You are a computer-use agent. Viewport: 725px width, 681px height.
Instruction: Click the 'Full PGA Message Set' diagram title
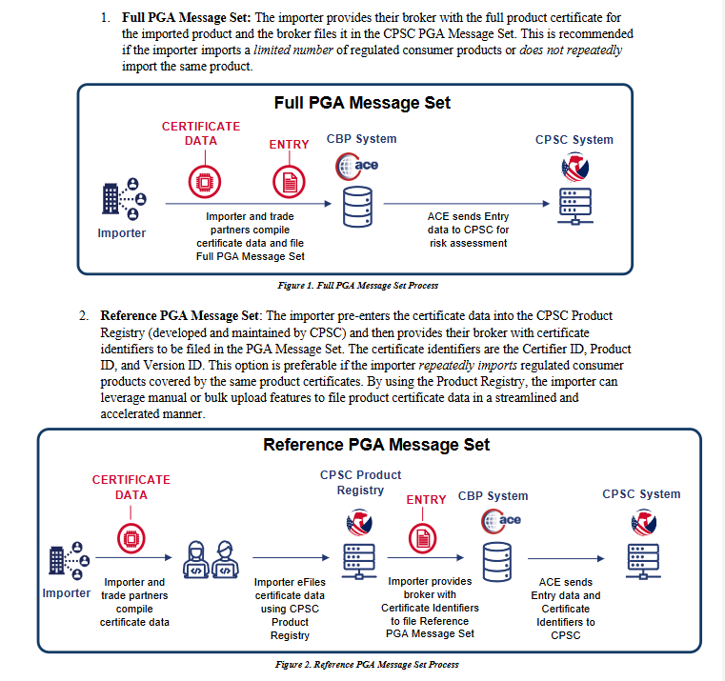pyautogui.click(x=362, y=103)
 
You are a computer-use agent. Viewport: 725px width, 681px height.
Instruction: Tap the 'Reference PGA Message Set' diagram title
pyautogui.click(x=376, y=445)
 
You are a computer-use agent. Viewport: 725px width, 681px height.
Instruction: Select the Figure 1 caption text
pyautogui.click(x=358, y=285)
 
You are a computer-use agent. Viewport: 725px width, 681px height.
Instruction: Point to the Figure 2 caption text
pyautogui.click(x=367, y=665)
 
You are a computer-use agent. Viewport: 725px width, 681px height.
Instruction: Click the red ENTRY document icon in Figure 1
pyautogui.click(x=289, y=182)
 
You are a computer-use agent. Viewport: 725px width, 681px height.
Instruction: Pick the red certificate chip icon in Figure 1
pyautogui.click(x=205, y=182)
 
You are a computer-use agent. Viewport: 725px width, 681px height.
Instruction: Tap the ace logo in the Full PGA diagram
pyautogui.click(x=357, y=166)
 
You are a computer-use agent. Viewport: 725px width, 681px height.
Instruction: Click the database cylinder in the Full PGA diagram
pyautogui.click(x=357, y=207)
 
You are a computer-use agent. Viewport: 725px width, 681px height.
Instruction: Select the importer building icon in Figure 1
pyautogui.click(x=124, y=199)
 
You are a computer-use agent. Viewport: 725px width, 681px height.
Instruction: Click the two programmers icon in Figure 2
pyautogui.click(x=211, y=560)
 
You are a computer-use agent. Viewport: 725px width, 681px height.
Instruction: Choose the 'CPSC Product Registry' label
pyautogui.click(x=361, y=483)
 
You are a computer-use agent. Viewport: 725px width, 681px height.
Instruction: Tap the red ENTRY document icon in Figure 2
pyautogui.click(x=423, y=538)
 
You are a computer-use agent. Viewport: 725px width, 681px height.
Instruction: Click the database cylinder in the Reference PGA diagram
pyautogui.click(x=497, y=562)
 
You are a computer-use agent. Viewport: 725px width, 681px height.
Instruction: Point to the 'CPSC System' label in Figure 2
pyautogui.click(x=641, y=494)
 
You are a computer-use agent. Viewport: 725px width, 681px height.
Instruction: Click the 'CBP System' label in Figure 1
pyautogui.click(x=362, y=139)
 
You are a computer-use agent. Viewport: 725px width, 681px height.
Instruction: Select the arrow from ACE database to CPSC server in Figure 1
pyautogui.click(x=467, y=204)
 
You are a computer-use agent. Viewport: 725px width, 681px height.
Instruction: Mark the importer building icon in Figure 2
pyautogui.click(x=70, y=561)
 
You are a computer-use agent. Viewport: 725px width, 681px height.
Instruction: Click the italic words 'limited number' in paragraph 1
pyautogui.click(x=293, y=50)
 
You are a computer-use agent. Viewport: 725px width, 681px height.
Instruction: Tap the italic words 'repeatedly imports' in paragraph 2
pyautogui.click(x=468, y=365)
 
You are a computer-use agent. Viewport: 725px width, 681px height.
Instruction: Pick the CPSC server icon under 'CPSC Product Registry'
pyautogui.click(x=359, y=561)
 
